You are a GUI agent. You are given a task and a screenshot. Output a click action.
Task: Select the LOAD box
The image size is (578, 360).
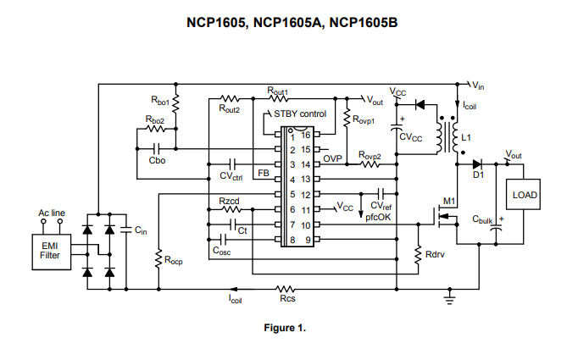525,195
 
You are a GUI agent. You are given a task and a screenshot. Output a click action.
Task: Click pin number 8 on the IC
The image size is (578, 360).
292,240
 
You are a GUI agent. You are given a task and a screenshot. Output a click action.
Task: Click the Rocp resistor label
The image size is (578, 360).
174,262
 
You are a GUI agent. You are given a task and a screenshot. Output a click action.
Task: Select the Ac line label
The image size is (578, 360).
52,213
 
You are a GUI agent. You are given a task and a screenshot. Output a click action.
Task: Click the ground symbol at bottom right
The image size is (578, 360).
451,296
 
